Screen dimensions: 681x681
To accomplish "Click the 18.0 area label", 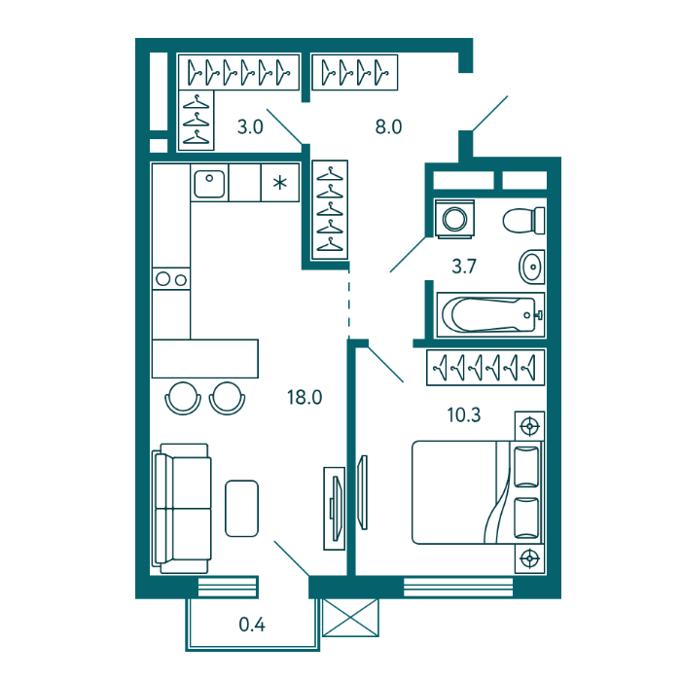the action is pyautogui.click(x=305, y=397).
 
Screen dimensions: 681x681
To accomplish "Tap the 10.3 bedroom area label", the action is pyautogui.click(x=464, y=415).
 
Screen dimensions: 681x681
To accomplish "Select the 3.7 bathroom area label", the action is pyautogui.click(x=464, y=267).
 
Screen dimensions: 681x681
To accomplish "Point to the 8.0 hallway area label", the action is pyautogui.click(x=389, y=126).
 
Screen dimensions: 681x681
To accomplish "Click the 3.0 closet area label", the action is pyautogui.click(x=251, y=126).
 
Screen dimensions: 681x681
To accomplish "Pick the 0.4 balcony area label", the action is pyautogui.click(x=252, y=625).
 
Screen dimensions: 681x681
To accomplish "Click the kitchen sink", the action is pyautogui.click(x=209, y=183).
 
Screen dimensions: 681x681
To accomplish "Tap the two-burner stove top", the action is pyautogui.click(x=171, y=279).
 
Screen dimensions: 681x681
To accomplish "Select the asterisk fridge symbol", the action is pyautogui.click(x=280, y=183).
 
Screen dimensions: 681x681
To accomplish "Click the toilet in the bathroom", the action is pyautogui.click(x=523, y=220).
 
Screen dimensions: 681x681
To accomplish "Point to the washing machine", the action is pyautogui.click(x=454, y=219).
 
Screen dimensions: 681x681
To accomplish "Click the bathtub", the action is pyautogui.click(x=490, y=315).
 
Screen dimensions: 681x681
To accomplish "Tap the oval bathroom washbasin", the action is pyautogui.click(x=531, y=267).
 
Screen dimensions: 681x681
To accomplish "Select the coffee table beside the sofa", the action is pyautogui.click(x=242, y=508).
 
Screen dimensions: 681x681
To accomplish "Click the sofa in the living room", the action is pyautogui.click(x=182, y=509).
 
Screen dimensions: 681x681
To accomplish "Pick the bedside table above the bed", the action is pyautogui.click(x=530, y=426).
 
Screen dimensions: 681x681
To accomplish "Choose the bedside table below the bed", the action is pyautogui.click(x=530, y=558).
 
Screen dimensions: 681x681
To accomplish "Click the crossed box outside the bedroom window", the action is pyautogui.click(x=350, y=618).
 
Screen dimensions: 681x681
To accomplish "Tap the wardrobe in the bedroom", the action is pyautogui.click(x=485, y=368).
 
